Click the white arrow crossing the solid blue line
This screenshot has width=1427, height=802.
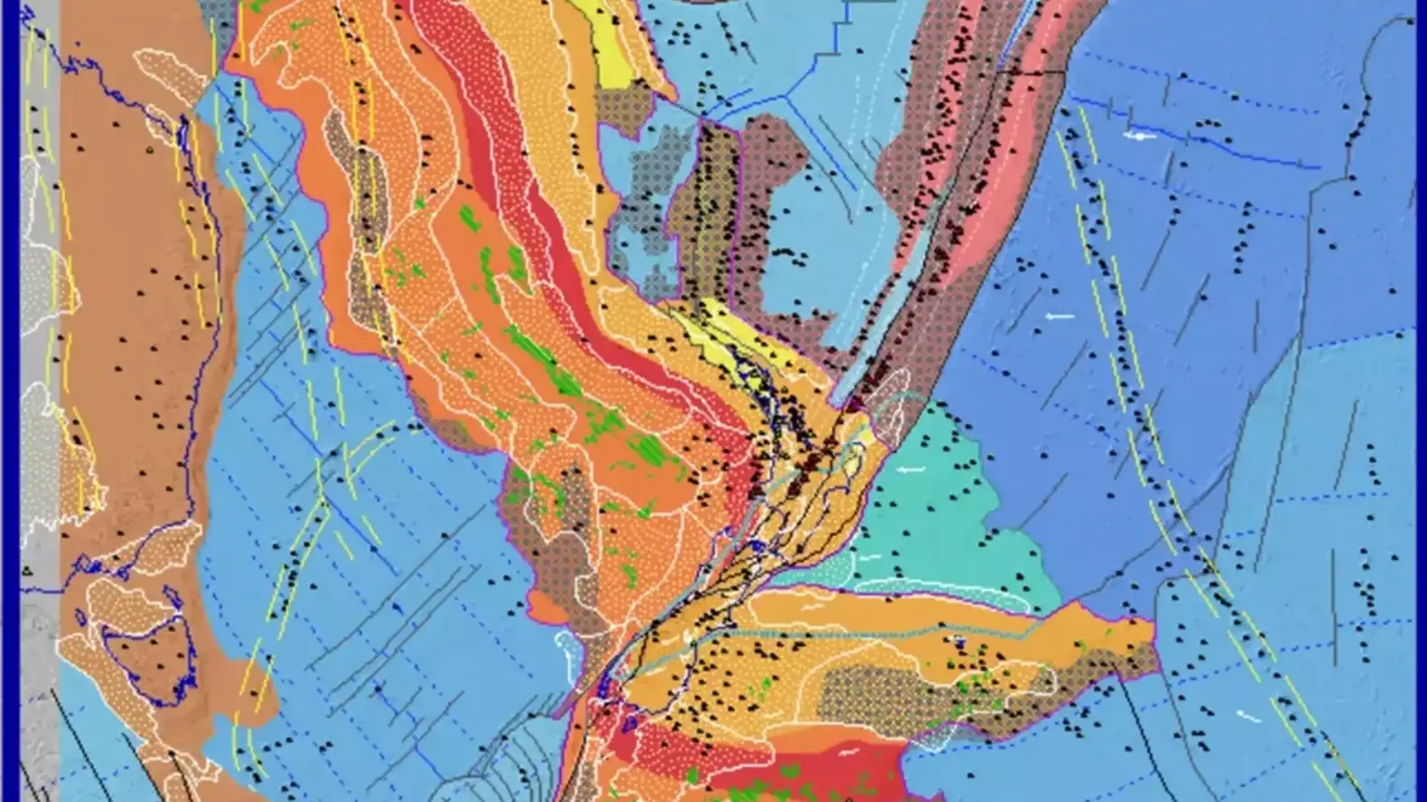pos(1142,135)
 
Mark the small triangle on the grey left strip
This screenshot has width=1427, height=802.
pos(27,570)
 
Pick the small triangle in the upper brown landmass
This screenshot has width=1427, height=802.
pos(150,150)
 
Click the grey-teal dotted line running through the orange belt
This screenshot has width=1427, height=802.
pos(903,632)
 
